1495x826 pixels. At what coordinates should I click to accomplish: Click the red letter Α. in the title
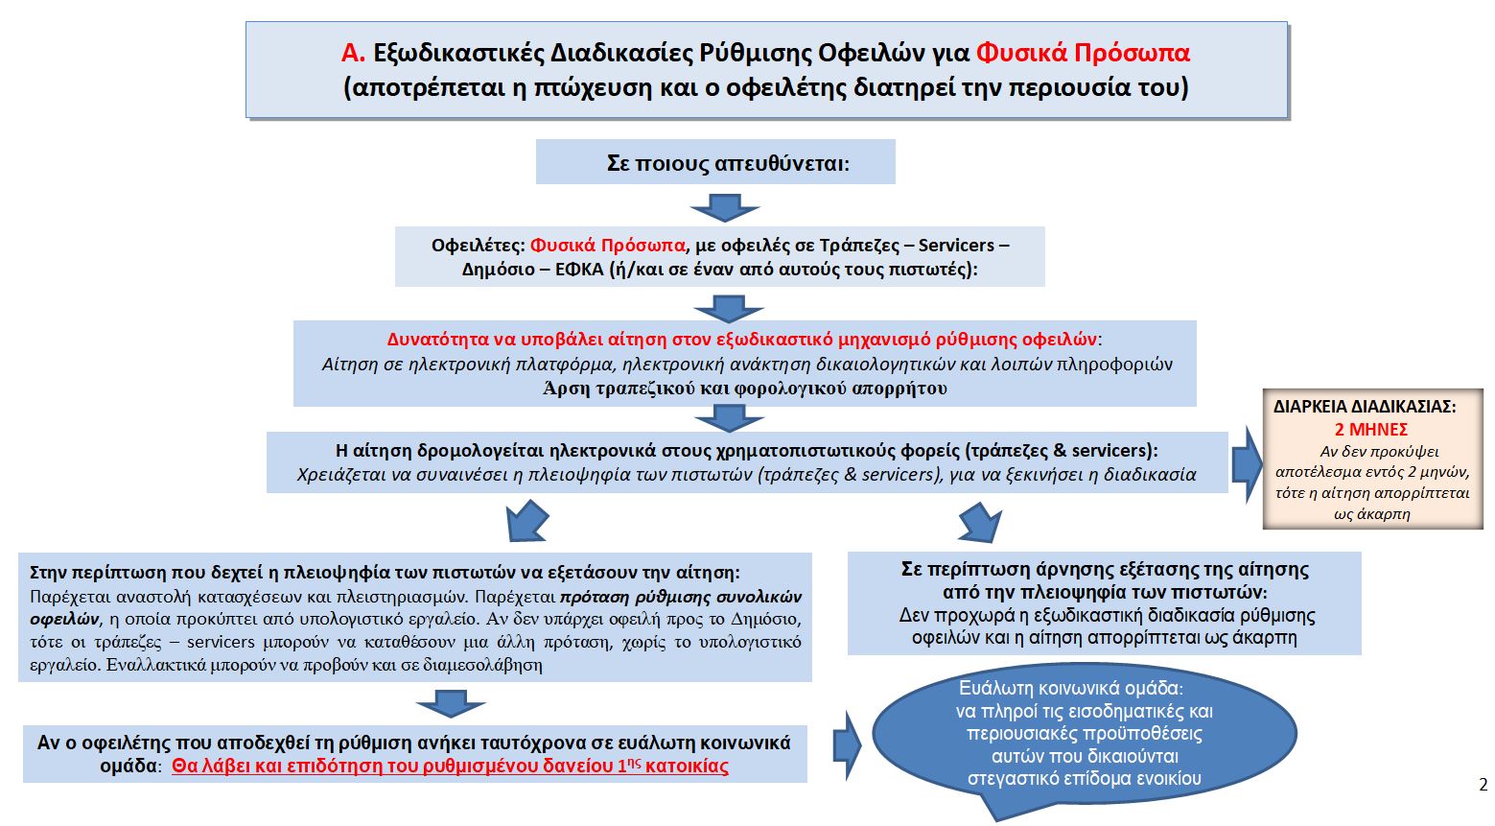click(x=353, y=53)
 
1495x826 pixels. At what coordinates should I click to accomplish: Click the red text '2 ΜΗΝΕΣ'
click(x=1370, y=430)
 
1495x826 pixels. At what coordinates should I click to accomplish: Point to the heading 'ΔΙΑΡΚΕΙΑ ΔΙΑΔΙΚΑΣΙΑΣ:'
click(x=1364, y=407)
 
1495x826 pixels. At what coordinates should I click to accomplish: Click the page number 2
click(x=1483, y=785)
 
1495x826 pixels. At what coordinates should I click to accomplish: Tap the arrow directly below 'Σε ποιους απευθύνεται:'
click(x=724, y=207)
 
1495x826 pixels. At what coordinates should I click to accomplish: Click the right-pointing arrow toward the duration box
click(x=1246, y=464)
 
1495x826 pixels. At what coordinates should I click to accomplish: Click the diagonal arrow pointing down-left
click(x=525, y=522)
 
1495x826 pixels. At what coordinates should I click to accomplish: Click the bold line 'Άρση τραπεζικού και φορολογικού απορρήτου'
click(x=745, y=389)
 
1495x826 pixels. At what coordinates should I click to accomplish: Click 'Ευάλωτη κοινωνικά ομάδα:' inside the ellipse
click(x=1071, y=688)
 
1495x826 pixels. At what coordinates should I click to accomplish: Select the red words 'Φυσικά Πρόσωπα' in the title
click(x=1083, y=53)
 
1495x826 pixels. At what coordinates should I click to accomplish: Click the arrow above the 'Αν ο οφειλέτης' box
click(x=451, y=705)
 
